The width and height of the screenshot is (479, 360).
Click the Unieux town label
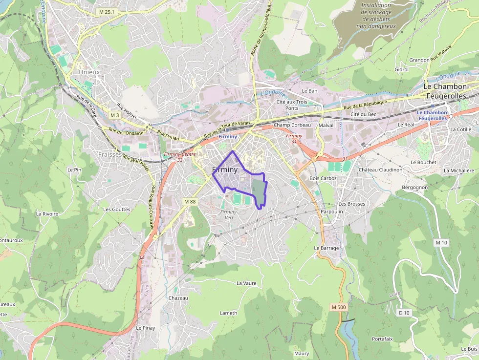pos(89,72)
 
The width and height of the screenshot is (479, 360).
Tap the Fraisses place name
pos(109,154)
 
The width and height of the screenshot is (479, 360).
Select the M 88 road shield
pos(190,201)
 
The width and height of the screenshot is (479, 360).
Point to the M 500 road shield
pos(338,307)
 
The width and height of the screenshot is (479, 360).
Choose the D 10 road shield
pos(404,312)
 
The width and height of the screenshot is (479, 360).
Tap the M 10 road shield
pos(441,243)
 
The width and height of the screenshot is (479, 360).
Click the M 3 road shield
pos(114,115)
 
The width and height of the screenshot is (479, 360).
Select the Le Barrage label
pos(326,248)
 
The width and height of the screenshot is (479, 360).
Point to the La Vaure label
pos(246,283)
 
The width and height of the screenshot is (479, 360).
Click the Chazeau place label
pos(178,298)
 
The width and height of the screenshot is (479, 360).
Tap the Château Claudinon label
pos(380,170)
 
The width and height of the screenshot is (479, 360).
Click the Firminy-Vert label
pos(229,214)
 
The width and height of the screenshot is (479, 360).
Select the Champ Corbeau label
pos(292,125)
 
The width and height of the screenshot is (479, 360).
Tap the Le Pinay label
pos(145,328)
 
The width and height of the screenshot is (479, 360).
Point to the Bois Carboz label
pos(323,178)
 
